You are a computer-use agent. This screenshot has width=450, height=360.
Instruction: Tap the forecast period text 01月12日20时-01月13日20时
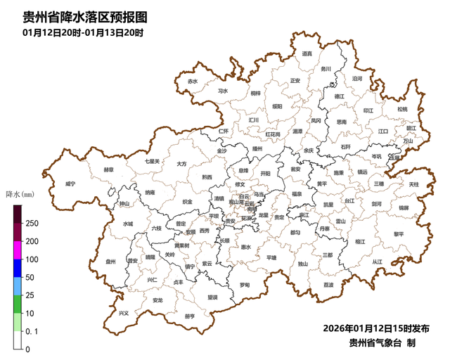point(83,32)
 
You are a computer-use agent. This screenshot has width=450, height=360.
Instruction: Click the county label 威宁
point(70,184)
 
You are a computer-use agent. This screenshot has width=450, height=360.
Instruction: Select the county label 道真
point(307,53)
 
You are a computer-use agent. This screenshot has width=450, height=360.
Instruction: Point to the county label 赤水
point(193,82)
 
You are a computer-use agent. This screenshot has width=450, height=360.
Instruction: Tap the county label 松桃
point(401,109)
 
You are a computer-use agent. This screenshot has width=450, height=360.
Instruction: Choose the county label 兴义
point(124,313)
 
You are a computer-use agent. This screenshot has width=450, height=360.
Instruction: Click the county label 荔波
point(329,285)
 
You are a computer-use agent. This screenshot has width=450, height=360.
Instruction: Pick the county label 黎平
point(399,234)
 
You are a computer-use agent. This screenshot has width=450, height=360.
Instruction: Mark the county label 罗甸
point(244,285)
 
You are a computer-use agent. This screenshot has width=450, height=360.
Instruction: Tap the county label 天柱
point(413,184)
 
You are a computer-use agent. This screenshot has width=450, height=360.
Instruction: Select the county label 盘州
point(110,262)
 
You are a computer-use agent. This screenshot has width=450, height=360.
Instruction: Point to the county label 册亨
point(189,316)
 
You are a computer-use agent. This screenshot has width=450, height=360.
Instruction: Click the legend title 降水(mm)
point(20,193)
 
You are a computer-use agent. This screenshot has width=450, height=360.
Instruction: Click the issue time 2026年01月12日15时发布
point(376,329)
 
